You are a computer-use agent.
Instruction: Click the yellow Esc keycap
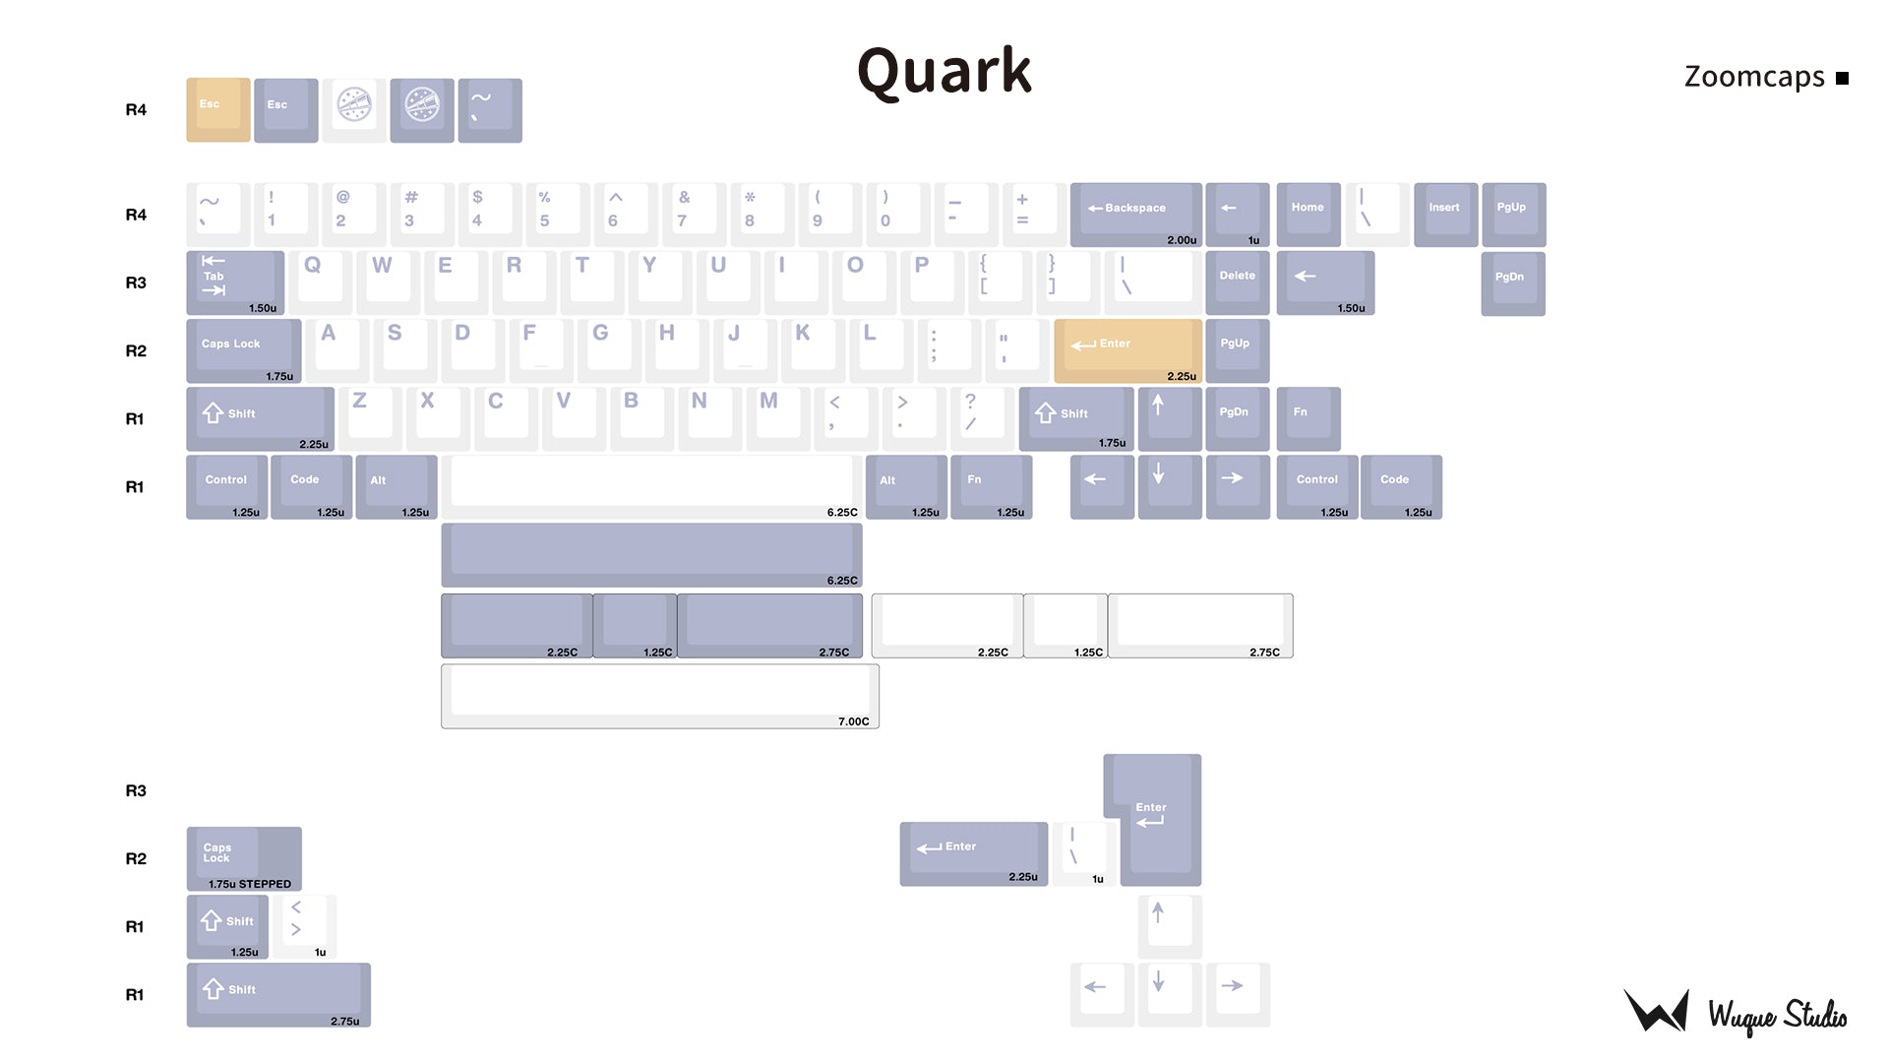pyautogui.click(x=217, y=110)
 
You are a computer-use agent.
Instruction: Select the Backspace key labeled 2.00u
pyautogui.click(x=1135, y=214)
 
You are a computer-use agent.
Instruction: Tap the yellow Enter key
pyautogui.click(x=1127, y=350)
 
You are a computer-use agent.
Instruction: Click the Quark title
pyautogui.click(x=944, y=71)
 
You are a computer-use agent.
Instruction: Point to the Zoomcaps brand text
pyautogui.click(x=1754, y=77)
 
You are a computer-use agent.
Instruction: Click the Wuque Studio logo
pyautogui.click(x=1735, y=1012)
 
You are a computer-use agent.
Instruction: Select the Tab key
pyautogui.click(x=235, y=282)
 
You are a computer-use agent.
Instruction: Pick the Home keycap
pyautogui.click(x=1308, y=214)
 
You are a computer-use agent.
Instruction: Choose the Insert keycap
pyautogui.click(x=1444, y=214)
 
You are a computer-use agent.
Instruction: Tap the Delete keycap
pyautogui.click(x=1237, y=282)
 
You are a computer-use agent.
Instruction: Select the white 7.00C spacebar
pyautogui.click(x=659, y=696)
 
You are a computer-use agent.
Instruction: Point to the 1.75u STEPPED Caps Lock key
pyautogui.click(x=244, y=858)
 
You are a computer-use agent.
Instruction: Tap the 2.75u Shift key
pyautogui.click(x=278, y=994)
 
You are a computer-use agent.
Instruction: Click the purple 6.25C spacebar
pyautogui.click(x=651, y=554)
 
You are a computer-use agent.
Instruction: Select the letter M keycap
pyautogui.click(x=776, y=417)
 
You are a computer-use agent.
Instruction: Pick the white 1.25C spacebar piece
pyautogui.click(x=1065, y=625)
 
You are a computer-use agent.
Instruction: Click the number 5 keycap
pyautogui.click(x=557, y=214)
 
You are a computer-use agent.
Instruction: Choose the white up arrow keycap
pyautogui.click(x=1169, y=926)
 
